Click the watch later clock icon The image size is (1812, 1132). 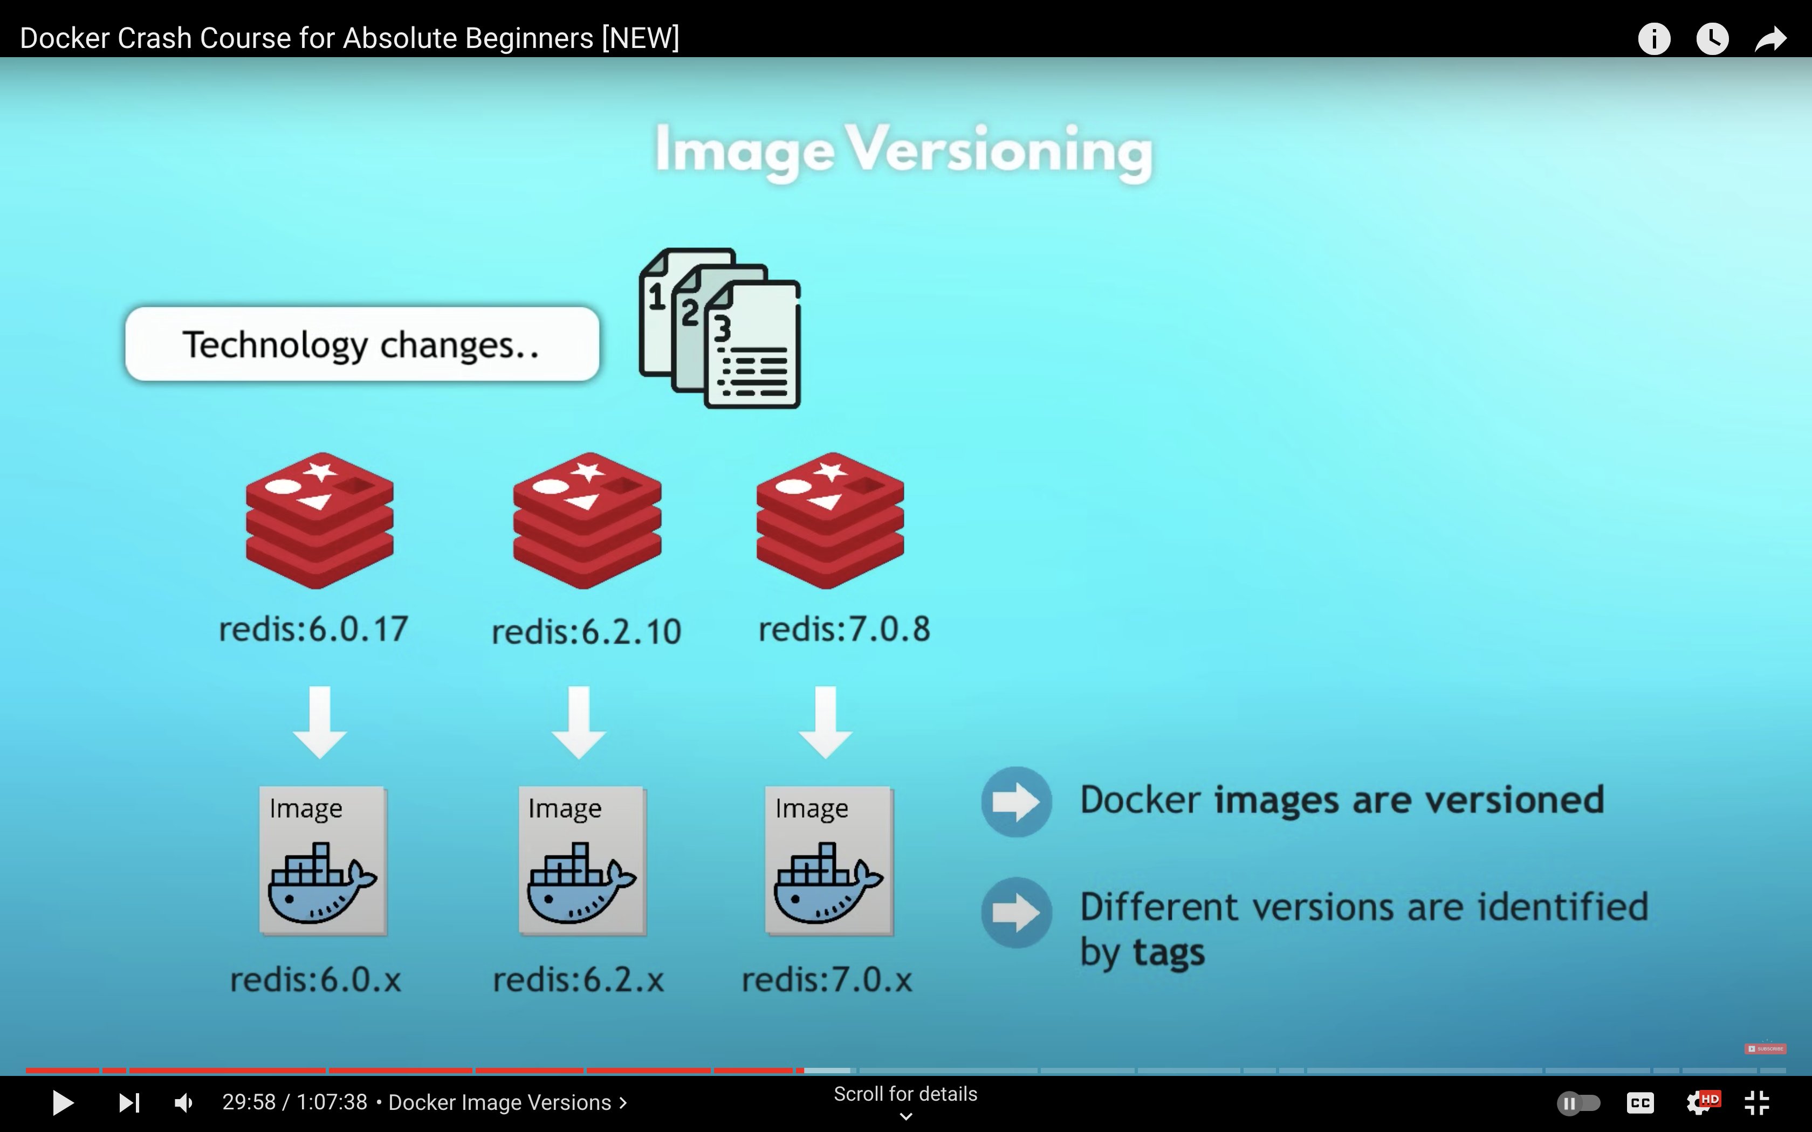1712,39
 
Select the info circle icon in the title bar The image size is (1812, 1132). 1654,39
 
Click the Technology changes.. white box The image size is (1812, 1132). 362,344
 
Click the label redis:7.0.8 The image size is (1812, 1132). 845,629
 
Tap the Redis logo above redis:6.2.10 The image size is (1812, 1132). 587,520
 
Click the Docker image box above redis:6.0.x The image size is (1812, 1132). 322,860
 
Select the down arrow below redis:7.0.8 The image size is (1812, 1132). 825,722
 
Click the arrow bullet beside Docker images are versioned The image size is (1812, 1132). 1016,802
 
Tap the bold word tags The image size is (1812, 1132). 1169,953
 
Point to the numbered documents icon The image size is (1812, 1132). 719,328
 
